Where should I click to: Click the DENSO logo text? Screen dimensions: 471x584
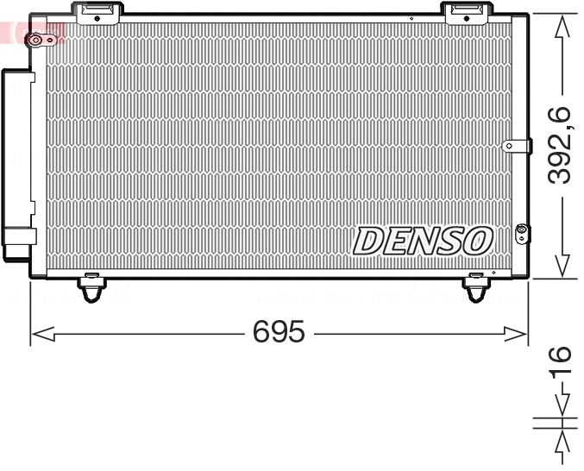423,241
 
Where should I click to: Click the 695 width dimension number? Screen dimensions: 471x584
279,331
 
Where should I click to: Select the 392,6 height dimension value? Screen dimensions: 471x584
562,144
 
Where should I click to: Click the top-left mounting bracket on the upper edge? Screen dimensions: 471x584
96,11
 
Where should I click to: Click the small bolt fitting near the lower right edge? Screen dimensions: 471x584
520,230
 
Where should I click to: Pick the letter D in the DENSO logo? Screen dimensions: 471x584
368,241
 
